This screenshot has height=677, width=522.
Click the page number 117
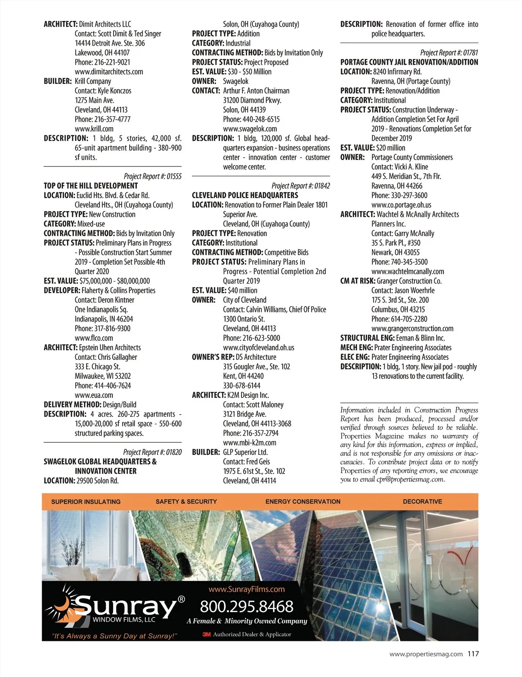(x=473, y=654)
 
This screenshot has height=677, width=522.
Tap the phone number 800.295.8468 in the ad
(x=247, y=607)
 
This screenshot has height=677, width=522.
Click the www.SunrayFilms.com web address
(x=247, y=589)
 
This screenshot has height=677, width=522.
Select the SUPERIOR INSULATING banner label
(x=86, y=501)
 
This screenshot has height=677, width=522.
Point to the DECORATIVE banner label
(x=422, y=501)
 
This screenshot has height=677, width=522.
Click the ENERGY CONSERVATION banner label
(x=303, y=501)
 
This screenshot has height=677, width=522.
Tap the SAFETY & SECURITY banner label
(x=186, y=501)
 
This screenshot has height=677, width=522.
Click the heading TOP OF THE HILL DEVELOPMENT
(x=90, y=186)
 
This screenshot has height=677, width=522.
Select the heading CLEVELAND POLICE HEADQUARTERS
(x=245, y=196)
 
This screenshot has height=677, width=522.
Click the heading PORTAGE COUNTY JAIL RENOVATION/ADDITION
(x=409, y=62)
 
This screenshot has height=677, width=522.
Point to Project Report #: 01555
(x=153, y=176)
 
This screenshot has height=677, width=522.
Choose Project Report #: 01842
(x=301, y=186)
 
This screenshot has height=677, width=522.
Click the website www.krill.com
(x=94, y=129)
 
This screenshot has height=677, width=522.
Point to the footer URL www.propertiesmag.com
(x=426, y=654)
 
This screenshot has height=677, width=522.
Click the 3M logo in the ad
(x=207, y=634)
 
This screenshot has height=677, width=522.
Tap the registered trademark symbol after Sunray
(x=181, y=600)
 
